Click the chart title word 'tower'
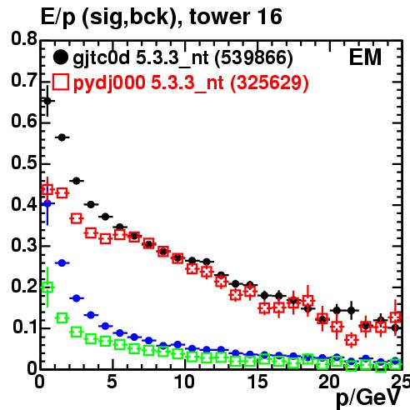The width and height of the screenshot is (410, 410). pyautogui.click(x=218, y=17)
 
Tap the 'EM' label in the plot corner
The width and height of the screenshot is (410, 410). pyautogui.click(x=365, y=57)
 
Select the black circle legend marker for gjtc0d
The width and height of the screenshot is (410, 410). pyautogui.click(x=60, y=57)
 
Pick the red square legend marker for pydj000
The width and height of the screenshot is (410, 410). pyautogui.click(x=60, y=82)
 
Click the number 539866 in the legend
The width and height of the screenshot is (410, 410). pyautogui.click(x=253, y=58)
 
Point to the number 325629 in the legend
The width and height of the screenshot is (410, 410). pyautogui.click(x=269, y=82)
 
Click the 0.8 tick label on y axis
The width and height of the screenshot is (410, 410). pyautogui.click(x=24, y=38)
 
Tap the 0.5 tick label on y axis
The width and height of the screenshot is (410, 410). pyautogui.click(x=24, y=163)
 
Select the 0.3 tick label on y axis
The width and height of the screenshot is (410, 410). pyautogui.click(x=24, y=245)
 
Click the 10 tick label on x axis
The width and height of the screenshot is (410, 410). pyautogui.click(x=185, y=382)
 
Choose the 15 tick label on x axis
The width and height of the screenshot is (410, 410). pyautogui.click(x=257, y=382)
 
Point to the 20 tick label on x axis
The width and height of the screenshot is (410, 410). pyautogui.click(x=329, y=382)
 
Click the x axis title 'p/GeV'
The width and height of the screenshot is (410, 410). pyautogui.click(x=368, y=398)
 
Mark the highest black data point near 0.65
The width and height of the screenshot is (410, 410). pyautogui.click(x=47, y=101)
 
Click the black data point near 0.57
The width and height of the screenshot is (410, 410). pyautogui.click(x=62, y=137)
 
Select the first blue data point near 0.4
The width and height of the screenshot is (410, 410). pyautogui.click(x=47, y=203)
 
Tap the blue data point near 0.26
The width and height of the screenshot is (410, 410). pyautogui.click(x=62, y=262)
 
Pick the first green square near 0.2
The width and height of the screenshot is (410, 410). pyautogui.click(x=47, y=287)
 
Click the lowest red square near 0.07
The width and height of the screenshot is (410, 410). pyautogui.click(x=352, y=340)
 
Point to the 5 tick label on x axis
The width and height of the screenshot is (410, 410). pyautogui.click(x=112, y=382)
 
